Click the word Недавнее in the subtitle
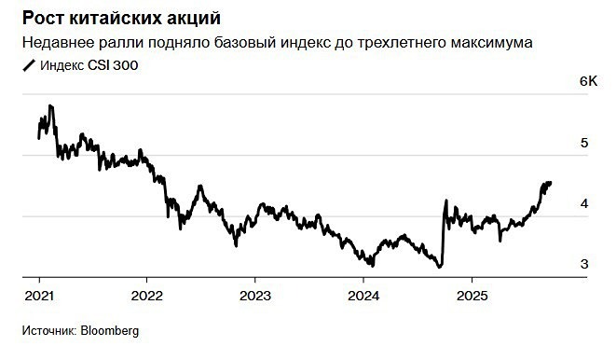coord(58,43)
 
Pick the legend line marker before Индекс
coord(28,65)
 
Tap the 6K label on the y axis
coord(587,82)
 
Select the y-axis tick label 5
coord(584,144)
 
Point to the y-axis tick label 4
coord(584,204)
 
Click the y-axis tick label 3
coord(584,265)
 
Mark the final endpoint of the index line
coord(551,183)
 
